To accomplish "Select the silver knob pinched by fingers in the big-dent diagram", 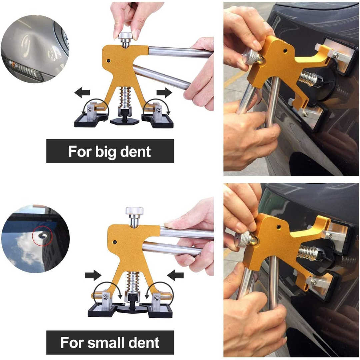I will (x=126, y=36).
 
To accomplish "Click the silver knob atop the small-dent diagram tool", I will (x=134, y=211).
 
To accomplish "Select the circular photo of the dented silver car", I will (x=35, y=48).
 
